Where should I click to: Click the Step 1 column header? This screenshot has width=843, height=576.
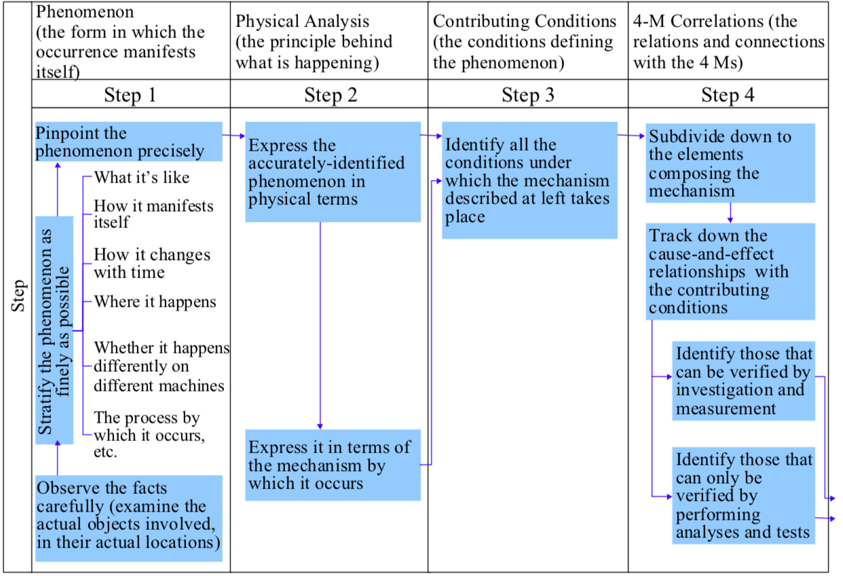pyautogui.click(x=130, y=95)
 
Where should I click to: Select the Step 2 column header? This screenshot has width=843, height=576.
pyautogui.click(x=331, y=95)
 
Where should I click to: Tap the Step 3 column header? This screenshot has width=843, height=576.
pyautogui.click(x=528, y=95)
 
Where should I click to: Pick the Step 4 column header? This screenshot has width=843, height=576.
pyautogui.click(x=728, y=95)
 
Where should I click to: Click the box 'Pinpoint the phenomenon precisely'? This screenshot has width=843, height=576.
pyautogui.click(x=128, y=142)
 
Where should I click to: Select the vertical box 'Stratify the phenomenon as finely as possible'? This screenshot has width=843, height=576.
pyautogui.click(x=54, y=330)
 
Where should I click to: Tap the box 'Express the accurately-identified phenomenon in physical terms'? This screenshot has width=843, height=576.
pyautogui.click(x=333, y=172)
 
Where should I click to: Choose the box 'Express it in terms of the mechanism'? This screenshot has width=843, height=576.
pyautogui.click(x=333, y=465)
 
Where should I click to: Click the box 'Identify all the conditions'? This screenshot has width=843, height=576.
pyautogui.click(x=529, y=180)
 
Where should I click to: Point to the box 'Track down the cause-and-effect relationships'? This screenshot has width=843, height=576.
pyautogui.click(x=730, y=272)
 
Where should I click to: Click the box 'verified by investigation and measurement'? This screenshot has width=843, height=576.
pyautogui.click(x=744, y=381)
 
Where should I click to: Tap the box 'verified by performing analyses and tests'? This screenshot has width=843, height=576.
pyautogui.click(x=744, y=496)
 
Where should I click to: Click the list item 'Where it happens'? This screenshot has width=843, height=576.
pyautogui.click(x=155, y=302)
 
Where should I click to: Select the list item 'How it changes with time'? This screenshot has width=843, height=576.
pyautogui.click(x=152, y=263)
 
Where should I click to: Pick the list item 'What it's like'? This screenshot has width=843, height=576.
pyautogui.click(x=141, y=178)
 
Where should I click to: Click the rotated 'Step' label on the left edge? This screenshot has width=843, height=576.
pyautogui.click(x=18, y=297)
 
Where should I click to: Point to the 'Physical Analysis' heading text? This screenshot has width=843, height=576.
pyautogui.click(x=303, y=22)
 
